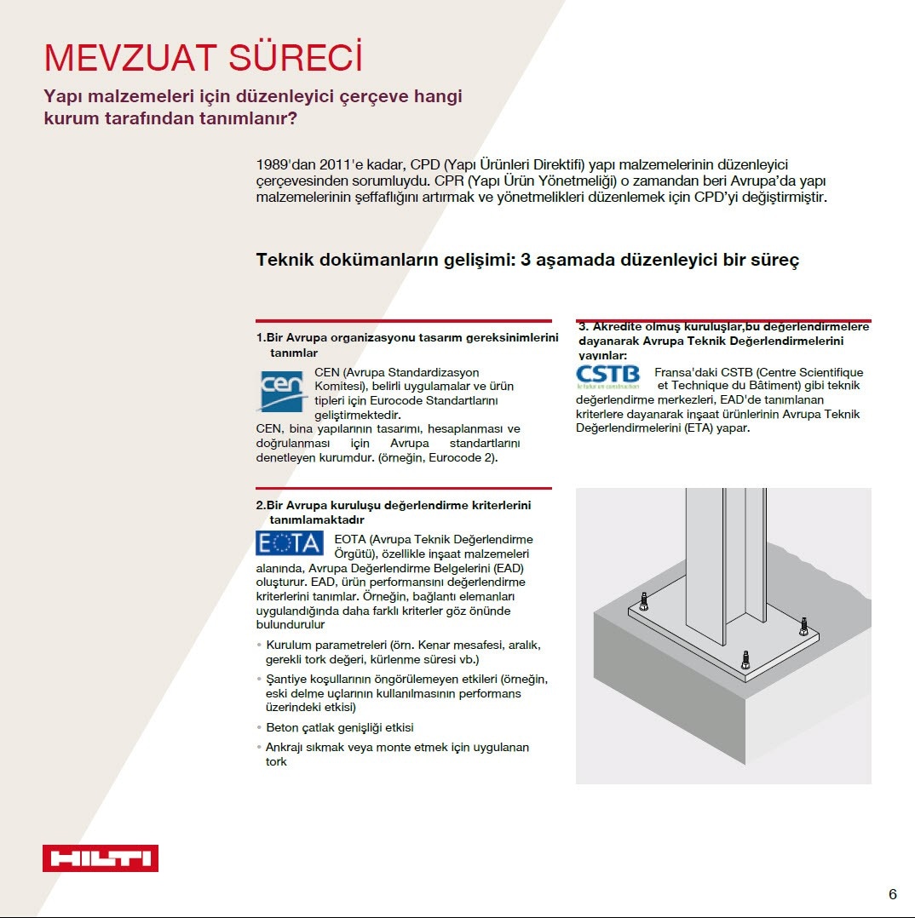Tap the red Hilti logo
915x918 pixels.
[x=101, y=858]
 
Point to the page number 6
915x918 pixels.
[x=892, y=893]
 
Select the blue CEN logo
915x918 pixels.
[x=282, y=391]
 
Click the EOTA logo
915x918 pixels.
[x=290, y=543]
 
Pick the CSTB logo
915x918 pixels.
[x=607, y=375]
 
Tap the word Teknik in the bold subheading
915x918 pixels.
[x=288, y=260]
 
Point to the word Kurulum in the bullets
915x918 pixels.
[x=291, y=645]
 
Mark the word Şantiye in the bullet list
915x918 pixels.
[x=287, y=679]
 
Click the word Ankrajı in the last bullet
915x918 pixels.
[x=288, y=747]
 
